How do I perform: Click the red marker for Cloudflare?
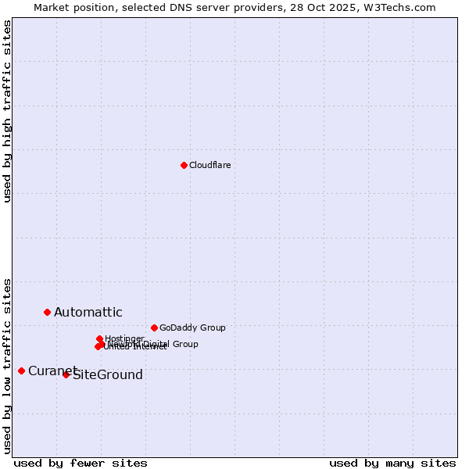(x=184, y=165)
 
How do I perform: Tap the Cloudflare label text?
(x=209, y=165)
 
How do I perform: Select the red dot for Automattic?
(x=47, y=312)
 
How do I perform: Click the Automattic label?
(x=88, y=313)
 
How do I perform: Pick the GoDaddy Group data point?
(x=154, y=328)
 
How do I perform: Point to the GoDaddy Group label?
(x=192, y=328)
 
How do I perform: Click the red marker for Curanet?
(x=21, y=371)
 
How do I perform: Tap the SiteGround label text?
(x=107, y=375)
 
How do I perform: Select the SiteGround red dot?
(x=66, y=374)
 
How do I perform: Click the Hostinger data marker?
(x=99, y=338)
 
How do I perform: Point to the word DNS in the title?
(x=200, y=8)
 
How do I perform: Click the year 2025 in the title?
(x=348, y=8)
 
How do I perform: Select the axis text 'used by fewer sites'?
(x=81, y=463)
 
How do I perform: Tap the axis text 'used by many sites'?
(x=392, y=463)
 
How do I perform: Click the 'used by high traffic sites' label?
(x=8, y=111)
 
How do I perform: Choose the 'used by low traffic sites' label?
(x=8, y=365)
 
